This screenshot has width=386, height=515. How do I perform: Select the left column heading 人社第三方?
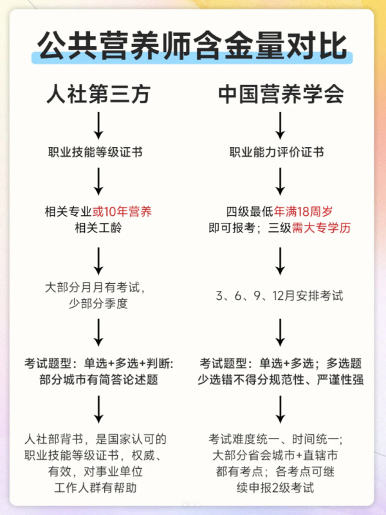tap(98, 94)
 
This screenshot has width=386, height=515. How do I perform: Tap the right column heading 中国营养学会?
tap(281, 94)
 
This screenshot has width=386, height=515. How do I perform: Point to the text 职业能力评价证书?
tap(277, 152)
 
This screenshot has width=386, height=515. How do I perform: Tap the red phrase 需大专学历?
tap(322, 228)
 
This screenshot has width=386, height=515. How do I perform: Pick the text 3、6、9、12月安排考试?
tap(280, 296)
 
